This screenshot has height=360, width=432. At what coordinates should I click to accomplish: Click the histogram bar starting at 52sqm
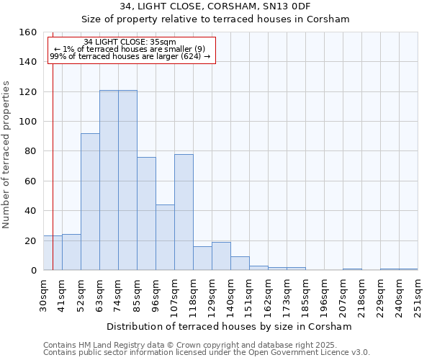pyautogui.click(x=90, y=202)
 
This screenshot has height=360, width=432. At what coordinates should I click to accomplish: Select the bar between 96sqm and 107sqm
pyautogui.click(x=165, y=238)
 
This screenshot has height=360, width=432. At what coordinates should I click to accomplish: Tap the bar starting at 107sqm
pyautogui.click(x=184, y=212)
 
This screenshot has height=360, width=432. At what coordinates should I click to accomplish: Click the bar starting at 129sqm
pyautogui.click(x=221, y=256)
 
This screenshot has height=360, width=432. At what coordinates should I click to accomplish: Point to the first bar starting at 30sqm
pyautogui.click(x=53, y=253)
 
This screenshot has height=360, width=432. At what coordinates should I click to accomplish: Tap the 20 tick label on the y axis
pyautogui.click(x=30, y=240)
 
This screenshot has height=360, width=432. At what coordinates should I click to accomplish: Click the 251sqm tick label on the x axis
pyautogui.click(x=418, y=294)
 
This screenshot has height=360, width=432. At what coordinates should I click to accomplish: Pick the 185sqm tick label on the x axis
pyautogui.click(x=306, y=294)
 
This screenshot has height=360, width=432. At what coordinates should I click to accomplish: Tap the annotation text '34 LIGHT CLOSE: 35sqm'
pyautogui.click(x=130, y=42)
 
